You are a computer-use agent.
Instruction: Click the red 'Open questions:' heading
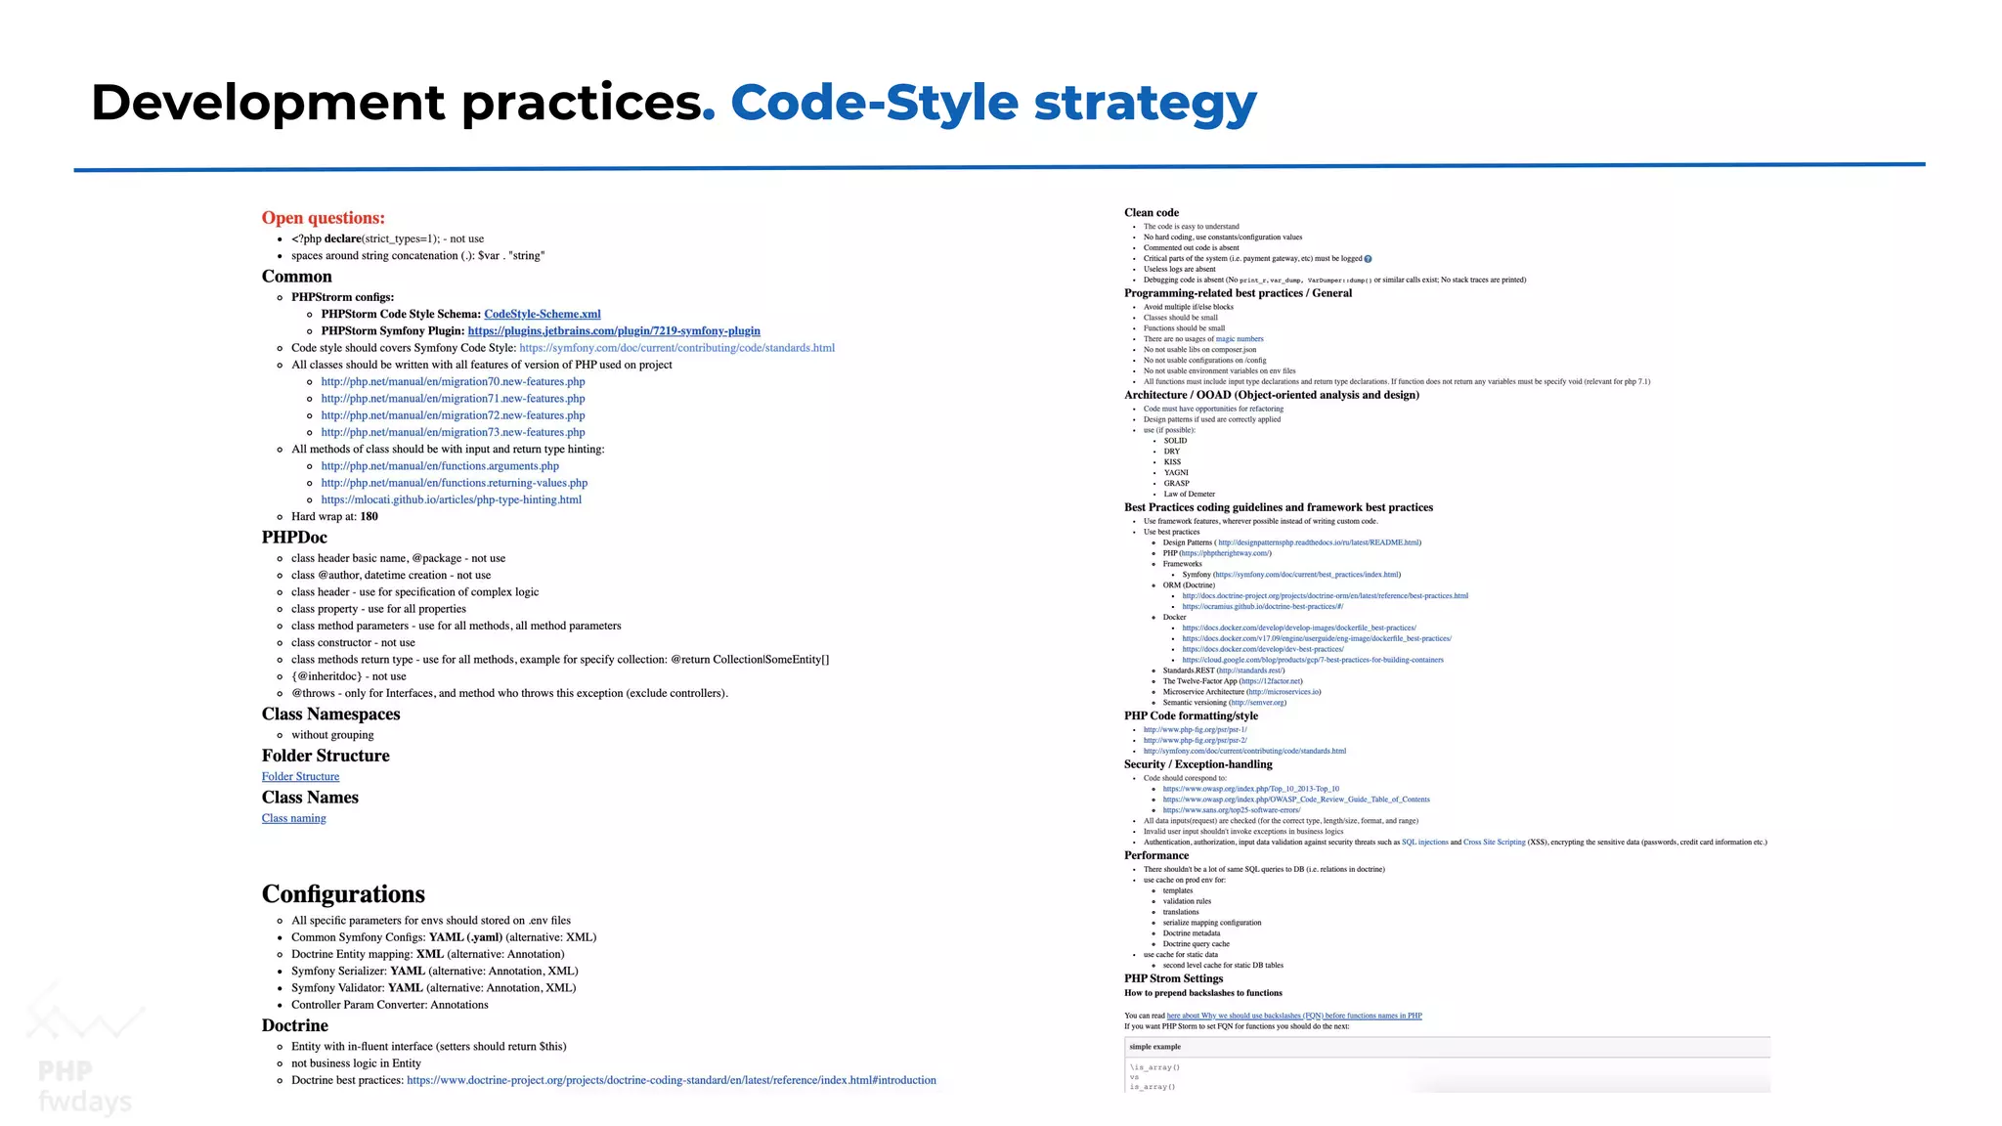tap(323, 218)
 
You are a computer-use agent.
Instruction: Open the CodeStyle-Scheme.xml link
tap(542, 314)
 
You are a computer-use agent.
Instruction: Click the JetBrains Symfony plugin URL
tap(614, 330)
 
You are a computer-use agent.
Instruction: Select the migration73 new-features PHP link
tap(453, 432)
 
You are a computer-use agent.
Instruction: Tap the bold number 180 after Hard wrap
tap(369, 516)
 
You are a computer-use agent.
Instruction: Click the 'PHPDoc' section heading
tap(294, 537)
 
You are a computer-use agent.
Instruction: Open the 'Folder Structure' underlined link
tap(300, 776)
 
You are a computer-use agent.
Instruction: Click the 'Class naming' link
tap(293, 818)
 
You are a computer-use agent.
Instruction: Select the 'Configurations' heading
tap(343, 893)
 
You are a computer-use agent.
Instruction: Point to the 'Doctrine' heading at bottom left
tap(294, 1025)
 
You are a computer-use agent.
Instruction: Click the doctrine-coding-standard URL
tap(671, 1080)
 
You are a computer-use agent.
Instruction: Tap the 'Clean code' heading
tap(1151, 212)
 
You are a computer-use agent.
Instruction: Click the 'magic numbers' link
tap(1239, 339)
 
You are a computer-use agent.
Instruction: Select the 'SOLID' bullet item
tap(1175, 441)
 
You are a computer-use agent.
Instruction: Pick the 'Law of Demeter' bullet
tap(1189, 494)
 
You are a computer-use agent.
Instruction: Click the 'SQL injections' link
tap(1424, 842)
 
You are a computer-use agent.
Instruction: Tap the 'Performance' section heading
tap(1156, 855)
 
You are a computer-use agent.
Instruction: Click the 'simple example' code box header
tap(1154, 1047)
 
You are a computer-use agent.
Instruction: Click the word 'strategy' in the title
tap(1145, 104)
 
